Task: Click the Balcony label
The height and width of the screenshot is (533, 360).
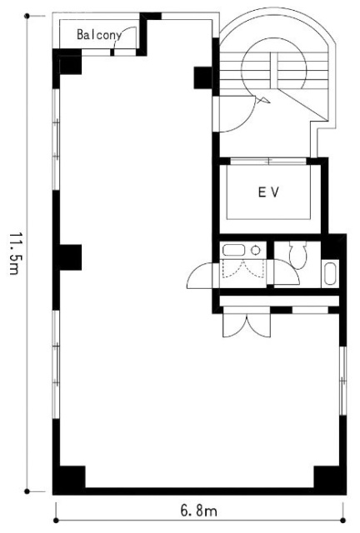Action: click(x=98, y=35)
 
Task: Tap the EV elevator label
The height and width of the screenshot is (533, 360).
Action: click(x=268, y=192)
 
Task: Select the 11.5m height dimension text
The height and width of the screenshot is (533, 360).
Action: click(x=14, y=253)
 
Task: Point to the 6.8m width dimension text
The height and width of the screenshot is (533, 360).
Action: click(x=198, y=511)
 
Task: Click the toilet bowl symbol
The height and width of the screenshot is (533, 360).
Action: click(x=297, y=255)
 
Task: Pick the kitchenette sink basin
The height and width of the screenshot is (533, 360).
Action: click(x=233, y=250)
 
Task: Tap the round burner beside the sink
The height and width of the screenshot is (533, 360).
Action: click(x=255, y=251)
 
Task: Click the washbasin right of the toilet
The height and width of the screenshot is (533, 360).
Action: click(x=330, y=272)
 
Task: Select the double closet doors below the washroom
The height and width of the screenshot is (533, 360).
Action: click(x=247, y=326)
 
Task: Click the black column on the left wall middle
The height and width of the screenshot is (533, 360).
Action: click(x=71, y=257)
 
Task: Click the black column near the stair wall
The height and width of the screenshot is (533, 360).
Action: click(x=202, y=77)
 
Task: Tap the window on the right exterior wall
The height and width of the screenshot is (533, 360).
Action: click(x=343, y=381)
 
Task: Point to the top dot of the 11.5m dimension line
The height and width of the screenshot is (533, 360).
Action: click(x=27, y=16)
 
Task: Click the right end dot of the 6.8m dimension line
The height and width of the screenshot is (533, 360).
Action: click(x=343, y=520)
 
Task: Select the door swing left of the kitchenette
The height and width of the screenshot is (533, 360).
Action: click(x=199, y=276)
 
